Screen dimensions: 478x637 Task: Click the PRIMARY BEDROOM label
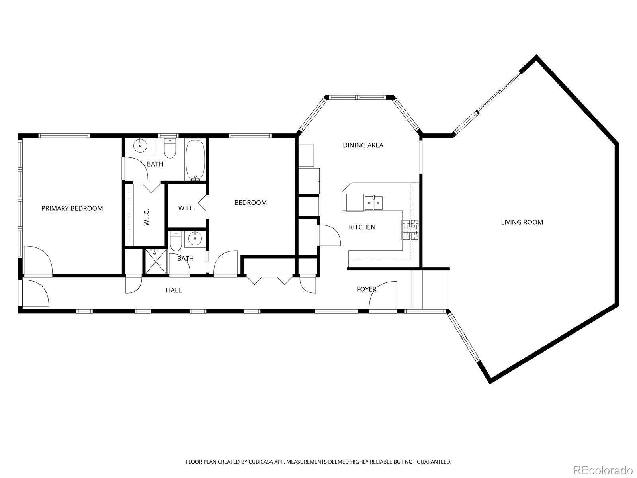(x=72, y=208)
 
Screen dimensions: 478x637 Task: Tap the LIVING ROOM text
(x=522, y=222)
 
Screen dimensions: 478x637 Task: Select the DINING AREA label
(x=363, y=145)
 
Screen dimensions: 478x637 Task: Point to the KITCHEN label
(x=362, y=227)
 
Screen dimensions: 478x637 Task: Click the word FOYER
(x=366, y=289)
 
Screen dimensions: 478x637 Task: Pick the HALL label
(x=174, y=290)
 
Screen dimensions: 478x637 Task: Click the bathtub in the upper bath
(x=195, y=160)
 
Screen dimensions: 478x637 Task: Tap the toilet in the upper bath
(x=170, y=148)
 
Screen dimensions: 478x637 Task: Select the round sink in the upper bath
(x=141, y=146)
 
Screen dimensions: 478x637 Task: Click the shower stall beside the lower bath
(x=155, y=262)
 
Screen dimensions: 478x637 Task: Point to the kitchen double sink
(x=373, y=203)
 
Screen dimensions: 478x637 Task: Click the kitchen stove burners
(x=410, y=230)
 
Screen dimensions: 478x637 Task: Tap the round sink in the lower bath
(x=195, y=239)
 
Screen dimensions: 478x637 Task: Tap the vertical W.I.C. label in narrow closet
(x=147, y=217)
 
